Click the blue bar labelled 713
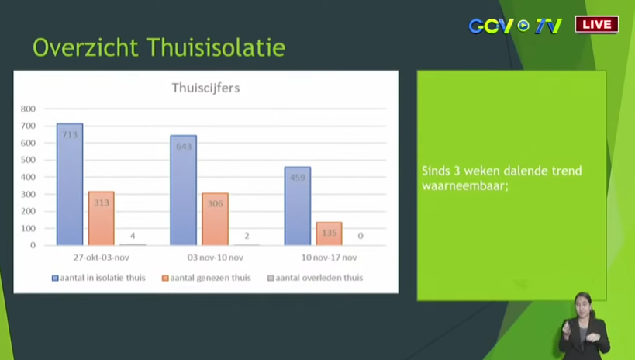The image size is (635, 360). point(70,184)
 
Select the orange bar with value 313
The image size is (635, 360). point(102,218)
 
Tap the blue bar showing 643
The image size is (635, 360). point(184,190)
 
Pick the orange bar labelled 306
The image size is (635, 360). point(215,219)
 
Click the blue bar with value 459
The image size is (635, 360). point(298,206)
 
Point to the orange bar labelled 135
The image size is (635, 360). point(330,234)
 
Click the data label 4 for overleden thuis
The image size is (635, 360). point(133,236)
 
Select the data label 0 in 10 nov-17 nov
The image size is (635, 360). point(361,236)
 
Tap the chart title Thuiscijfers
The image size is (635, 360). point(205,88)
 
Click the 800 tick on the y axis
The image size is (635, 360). point(29,109)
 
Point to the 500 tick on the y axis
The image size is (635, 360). point(29,160)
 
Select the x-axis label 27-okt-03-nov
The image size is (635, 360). point(102,258)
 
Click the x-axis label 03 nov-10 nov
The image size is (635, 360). point(215,258)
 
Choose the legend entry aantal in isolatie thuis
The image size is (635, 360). point(98,278)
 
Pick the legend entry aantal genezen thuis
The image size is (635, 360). point(206,278)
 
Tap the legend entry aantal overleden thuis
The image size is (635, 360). point(316,278)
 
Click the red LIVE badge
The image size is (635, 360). point(597,24)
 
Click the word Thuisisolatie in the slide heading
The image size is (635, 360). point(216,47)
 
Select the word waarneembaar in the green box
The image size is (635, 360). point(465,186)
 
